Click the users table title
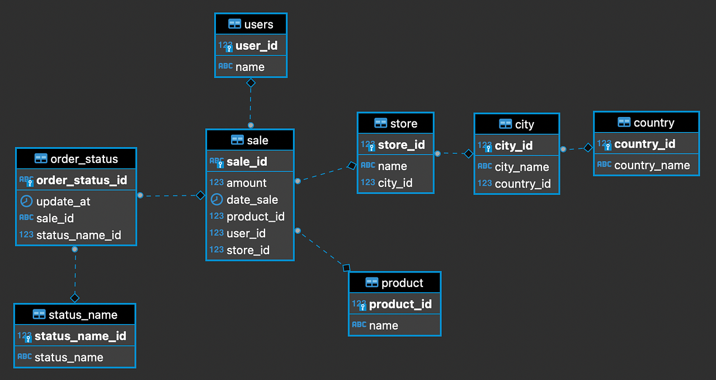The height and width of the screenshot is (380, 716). pyautogui.click(x=258, y=24)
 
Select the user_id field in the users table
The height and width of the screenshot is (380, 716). pyautogui.click(x=256, y=46)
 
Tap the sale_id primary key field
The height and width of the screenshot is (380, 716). pyautogui.click(x=247, y=162)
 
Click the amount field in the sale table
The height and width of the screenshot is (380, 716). pyautogui.click(x=246, y=183)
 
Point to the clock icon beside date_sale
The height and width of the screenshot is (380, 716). pyautogui.click(x=216, y=200)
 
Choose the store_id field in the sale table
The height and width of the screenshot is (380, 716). pyautogui.click(x=247, y=250)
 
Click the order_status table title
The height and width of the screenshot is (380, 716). pyautogui.click(x=84, y=159)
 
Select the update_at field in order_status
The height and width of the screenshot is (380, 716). pyautogui.click(x=63, y=201)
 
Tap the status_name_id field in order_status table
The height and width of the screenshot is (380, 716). pyautogui.click(x=78, y=235)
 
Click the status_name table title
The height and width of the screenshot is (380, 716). pyautogui.click(x=83, y=315)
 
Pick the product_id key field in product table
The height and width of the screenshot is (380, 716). pyautogui.click(x=400, y=304)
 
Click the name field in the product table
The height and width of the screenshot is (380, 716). pyautogui.click(x=383, y=326)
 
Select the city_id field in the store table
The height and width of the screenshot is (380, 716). pyautogui.click(x=395, y=183)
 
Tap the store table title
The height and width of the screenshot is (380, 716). pyautogui.click(x=403, y=124)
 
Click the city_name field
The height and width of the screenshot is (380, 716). pyautogui.click(x=521, y=167)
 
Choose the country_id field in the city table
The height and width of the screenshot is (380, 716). pyautogui.click(x=522, y=184)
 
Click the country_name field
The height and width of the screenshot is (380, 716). pyautogui.click(x=652, y=165)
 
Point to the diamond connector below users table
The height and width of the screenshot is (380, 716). pyautogui.click(x=251, y=83)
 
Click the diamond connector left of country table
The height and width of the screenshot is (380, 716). pyautogui.click(x=588, y=148)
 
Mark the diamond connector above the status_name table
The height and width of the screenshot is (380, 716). pyautogui.click(x=75, y=298)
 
